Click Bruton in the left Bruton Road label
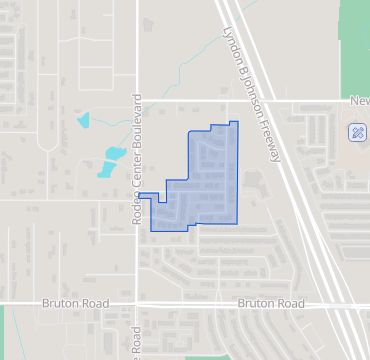(x=60, y=303)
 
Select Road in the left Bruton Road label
(x=94, y=303)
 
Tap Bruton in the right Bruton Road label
(x=256, y=303)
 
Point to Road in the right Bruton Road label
(x=290, y=303)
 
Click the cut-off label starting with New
(x=360, y=100)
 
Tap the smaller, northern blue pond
(x=82, y=122)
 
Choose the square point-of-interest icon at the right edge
(x=356, y=132)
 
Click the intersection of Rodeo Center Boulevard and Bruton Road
(x=137, y=303)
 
